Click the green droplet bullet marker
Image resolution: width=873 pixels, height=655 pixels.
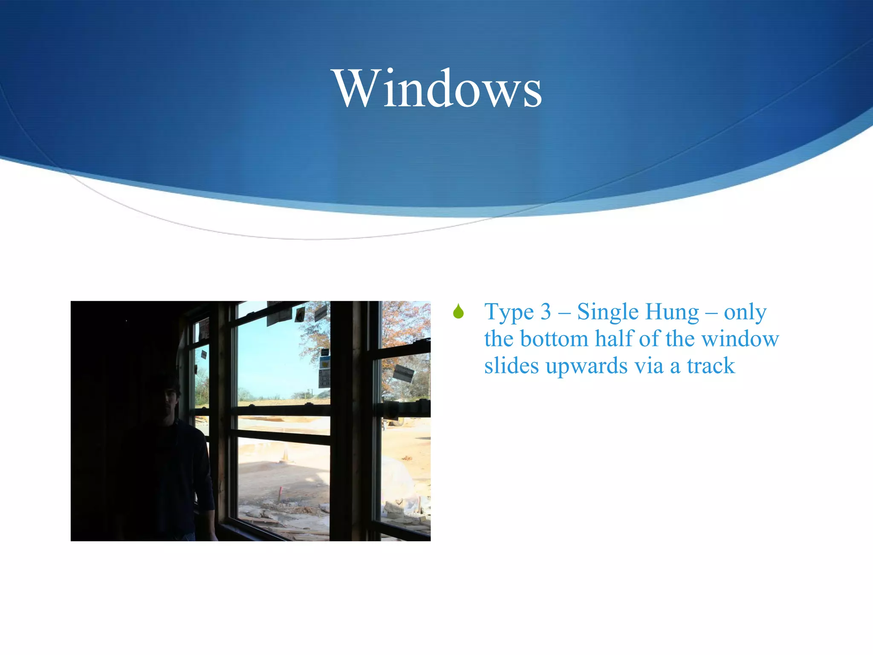(458, 312)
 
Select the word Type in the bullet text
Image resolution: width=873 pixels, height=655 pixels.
(509, 313)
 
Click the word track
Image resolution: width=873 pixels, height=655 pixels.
(711, 366)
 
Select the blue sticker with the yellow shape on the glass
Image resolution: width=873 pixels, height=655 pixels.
(325, 362)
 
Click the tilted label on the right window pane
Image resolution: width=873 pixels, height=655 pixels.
(403, 374)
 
